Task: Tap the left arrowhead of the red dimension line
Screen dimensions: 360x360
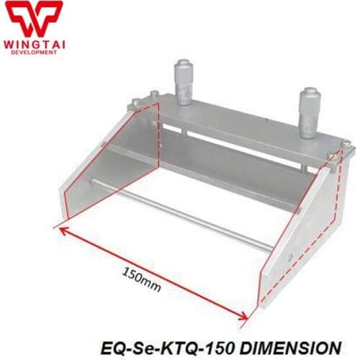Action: coord(63,230)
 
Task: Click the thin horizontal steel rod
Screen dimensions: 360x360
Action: coord(194,216)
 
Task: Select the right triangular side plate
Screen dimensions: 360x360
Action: coord(302,238)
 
